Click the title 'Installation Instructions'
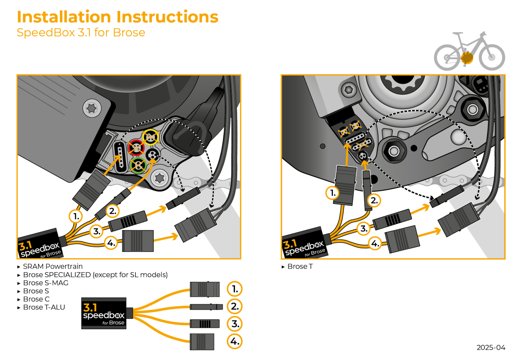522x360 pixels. (117, 17)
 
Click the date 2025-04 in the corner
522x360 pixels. (491, 348)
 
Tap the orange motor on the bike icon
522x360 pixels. (467, 58)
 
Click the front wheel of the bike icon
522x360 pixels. (492, 57)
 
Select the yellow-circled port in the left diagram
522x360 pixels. (151, 137)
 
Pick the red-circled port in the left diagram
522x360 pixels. (136, 147)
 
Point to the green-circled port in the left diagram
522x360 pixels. (138, 165)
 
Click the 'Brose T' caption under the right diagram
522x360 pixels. (300, 267)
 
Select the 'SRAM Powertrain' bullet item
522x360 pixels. (53, 266)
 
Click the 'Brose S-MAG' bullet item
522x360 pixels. (46, 283)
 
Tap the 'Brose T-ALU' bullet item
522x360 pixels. (44, 307)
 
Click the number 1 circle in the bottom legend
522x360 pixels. (235, 289)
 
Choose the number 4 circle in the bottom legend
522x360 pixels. (235, 341)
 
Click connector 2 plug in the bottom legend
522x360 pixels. (206, 307)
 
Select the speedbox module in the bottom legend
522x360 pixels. (104, 313)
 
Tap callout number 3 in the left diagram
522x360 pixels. (96, 232)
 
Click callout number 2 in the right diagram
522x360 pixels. (374, 200)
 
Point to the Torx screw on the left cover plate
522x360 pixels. (92, 108)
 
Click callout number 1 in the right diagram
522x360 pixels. (333, 193)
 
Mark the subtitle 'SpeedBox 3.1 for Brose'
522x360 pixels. (81, 33)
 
